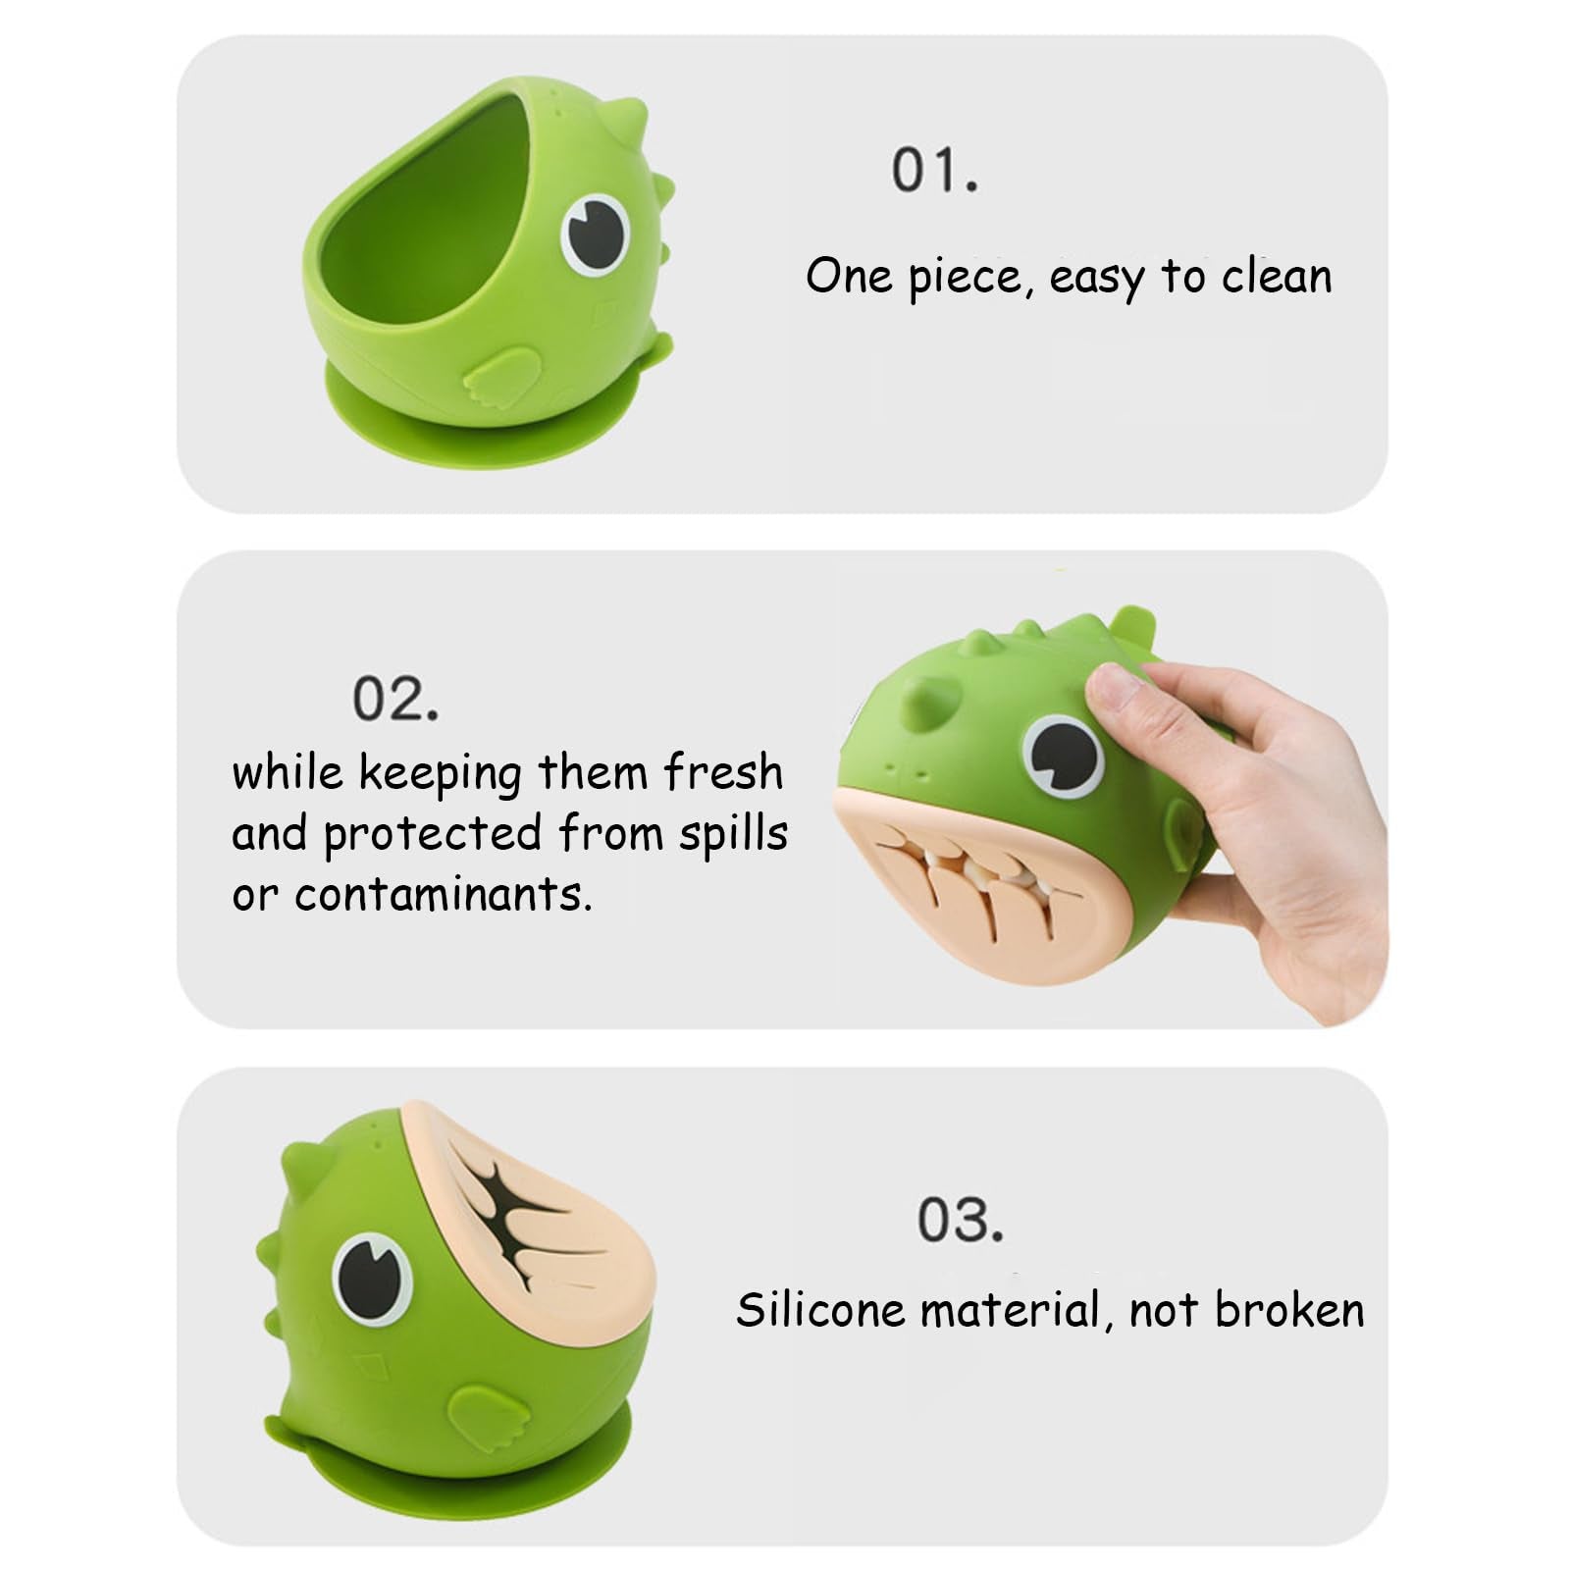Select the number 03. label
[961, 1219]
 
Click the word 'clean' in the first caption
[1277, 276]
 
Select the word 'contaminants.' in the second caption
[443, 894]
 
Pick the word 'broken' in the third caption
[1289, 1309]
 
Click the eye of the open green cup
[596, 235]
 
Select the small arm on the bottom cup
[488, 1418]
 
